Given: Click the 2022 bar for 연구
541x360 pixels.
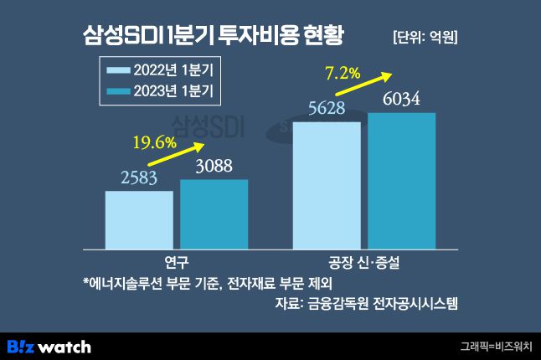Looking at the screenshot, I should pyautogui.click(x=139, y=220).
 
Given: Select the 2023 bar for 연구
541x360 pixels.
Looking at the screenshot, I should pyautogui.click(x=214, y=214).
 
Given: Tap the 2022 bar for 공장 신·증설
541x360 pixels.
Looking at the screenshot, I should pyautogui.click(x=327, y=186).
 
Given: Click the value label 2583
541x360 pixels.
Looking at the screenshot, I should pyautogui.click(x=141, y=177).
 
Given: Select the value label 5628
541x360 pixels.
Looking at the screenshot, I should pyautogui.click(x=327, y=108).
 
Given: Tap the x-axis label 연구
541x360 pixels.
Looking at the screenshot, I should pyautogui.click(x=177, y=262).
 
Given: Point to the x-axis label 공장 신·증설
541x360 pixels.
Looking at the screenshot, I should pyautogui.click(x=364, y=262).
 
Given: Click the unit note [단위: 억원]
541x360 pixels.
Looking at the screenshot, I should pyautogui.click(x=425, y=37).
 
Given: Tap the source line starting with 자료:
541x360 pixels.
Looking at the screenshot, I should pyautogui.click(x=366, y=303).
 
